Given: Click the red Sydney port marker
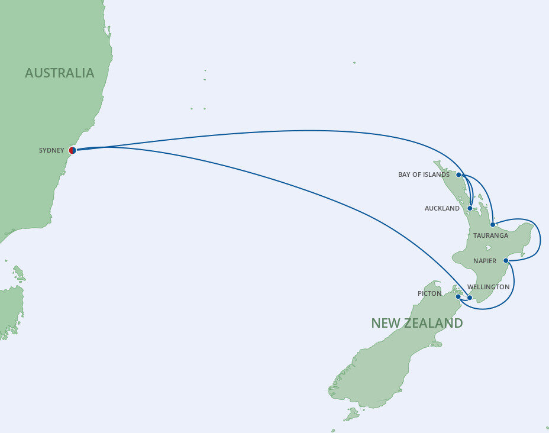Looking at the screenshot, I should pyautogui.click(x=72, y=150).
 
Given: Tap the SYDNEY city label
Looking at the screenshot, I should pyautogui.click(x=51, y=150).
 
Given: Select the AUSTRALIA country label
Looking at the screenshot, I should pyautogui.click(x=59, y=73).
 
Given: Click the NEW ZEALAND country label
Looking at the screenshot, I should pyautogui.click(x=416, y=323).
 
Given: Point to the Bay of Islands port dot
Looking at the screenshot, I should pyautogui.click(x=458, y=175).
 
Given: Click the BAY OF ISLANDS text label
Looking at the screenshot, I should pyautogui.click(x=424, y=175).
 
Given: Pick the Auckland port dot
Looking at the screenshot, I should pyautogui.click(x=470, y=208).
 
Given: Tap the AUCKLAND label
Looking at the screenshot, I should pyautogui.click(x=442, y=208).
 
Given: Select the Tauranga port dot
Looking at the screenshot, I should pyautogui.click(x=493, y=225).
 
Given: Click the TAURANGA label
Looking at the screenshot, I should pyautogui.click(x=490, y=235).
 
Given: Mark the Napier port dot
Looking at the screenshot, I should pyautogui.click(x=506, y=260).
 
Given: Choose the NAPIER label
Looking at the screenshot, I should pyautogui.click(x=485, y=260).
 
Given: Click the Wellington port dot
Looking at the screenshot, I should pyautogui.click(x=470, y=298).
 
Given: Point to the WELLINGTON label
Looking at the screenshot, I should pyautogui.click(x=488, y=287).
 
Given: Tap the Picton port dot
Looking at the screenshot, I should pyautogui.click(x=458, y=296).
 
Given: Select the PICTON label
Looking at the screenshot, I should pyautogui.click(x=429, y=293).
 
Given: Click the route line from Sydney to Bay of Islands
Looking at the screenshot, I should pyautogui.click(x=296, y=131).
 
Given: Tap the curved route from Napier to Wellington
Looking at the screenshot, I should pyautogui.click(x=512, y=290).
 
